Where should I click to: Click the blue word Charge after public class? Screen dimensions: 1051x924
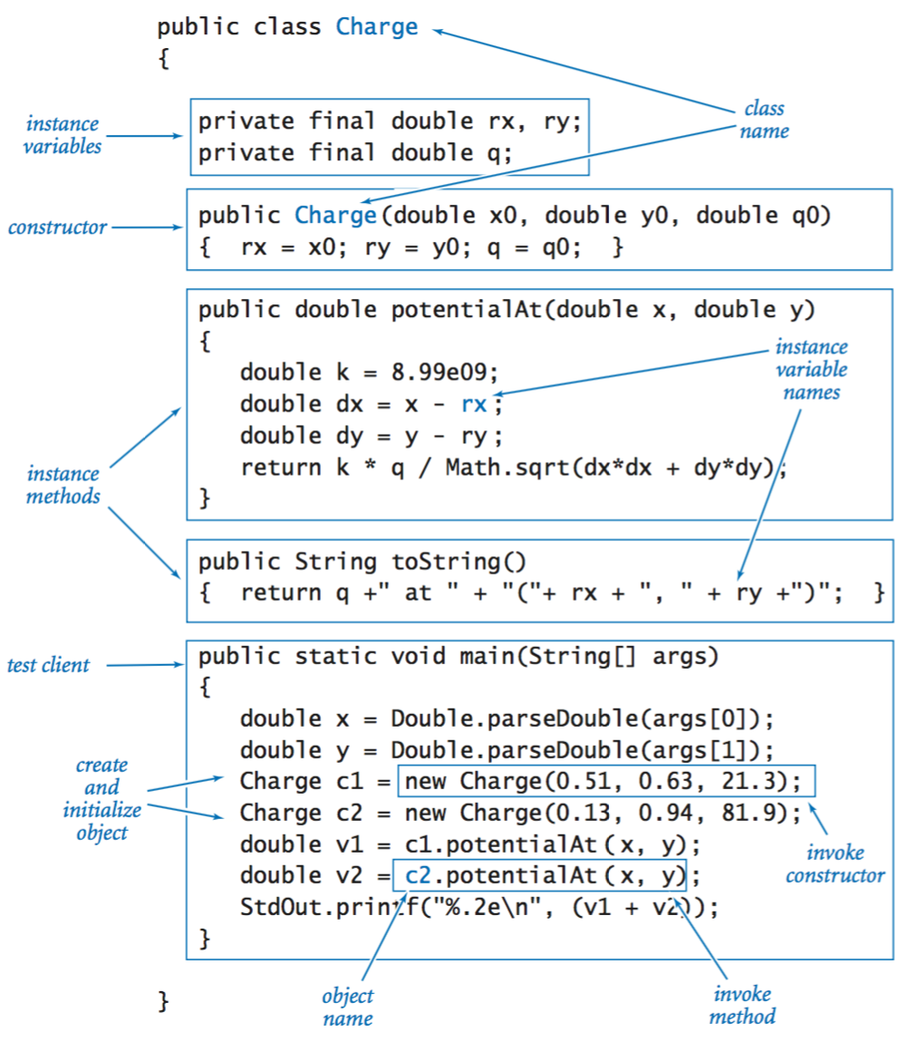(377, 26)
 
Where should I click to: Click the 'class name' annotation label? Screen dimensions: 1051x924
(764, 121)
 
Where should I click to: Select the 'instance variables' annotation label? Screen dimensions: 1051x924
(63, 135)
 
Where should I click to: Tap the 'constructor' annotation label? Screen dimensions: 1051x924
(58, 227)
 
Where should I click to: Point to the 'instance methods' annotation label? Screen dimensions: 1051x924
(63, 485)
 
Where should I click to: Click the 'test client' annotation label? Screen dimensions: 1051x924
(48, 666)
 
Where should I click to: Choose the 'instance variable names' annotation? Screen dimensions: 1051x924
(812, 370)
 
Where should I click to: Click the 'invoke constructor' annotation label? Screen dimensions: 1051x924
(834, 863)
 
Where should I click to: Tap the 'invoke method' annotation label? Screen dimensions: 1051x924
(742, 1005)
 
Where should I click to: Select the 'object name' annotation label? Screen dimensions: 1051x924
(347, 1008)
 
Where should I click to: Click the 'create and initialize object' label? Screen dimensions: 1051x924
(101, 798)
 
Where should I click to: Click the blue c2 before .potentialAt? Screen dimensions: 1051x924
(419, 875)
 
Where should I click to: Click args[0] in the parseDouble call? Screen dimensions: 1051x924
(721, 719)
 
